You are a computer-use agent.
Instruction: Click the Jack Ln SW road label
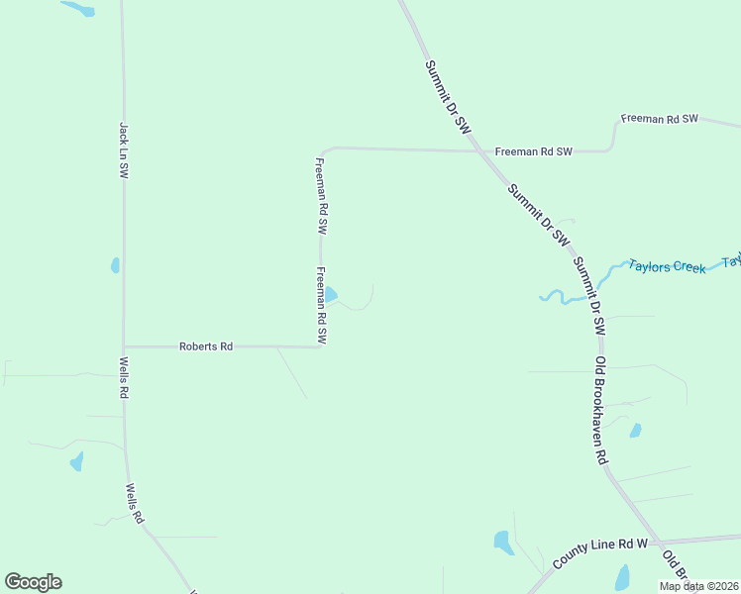click(x=124, y=149)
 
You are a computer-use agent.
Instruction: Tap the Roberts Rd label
click(x=205, y=346)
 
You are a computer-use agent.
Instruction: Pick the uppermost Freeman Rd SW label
click(x=660, y=119)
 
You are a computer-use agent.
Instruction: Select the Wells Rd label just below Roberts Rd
click(x=124, y=378)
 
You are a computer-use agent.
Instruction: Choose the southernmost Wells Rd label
click(x=135, y=504)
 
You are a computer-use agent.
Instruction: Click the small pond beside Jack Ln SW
click(x=116, y=265)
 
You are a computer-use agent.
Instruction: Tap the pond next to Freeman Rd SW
click(x=331, y=295)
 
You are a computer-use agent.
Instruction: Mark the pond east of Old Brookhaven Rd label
click(x=635, y=431)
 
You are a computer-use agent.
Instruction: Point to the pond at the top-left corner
click(x=78, y=9)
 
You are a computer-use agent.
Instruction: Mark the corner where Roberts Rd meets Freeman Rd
click(x=321, y=346)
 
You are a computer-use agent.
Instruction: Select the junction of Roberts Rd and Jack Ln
click(x=124, y=346)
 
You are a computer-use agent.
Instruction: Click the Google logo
click(x=33, y=582)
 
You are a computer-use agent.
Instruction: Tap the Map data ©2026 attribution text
click(x=698, y=586)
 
